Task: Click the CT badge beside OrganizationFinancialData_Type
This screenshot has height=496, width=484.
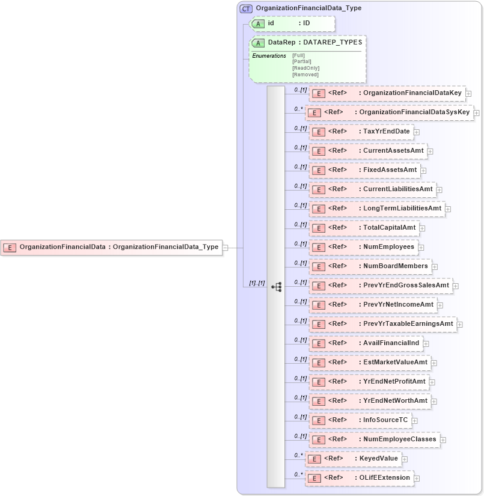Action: coord(245,8)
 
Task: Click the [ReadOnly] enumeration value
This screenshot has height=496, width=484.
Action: coord(305,68)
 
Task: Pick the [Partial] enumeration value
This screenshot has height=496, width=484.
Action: coord(302,61)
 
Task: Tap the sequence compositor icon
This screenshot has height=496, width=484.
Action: coord(276,287)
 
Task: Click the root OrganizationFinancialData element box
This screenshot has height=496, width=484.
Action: coord(111,247)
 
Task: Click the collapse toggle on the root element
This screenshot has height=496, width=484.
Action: coord(225,247)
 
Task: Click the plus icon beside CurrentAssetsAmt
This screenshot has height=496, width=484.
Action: coord(430,151)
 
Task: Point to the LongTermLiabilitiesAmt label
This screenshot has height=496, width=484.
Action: coord(402,209)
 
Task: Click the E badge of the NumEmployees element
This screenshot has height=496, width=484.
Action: coord(319,247)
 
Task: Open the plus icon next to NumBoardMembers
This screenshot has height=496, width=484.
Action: coord(435,266)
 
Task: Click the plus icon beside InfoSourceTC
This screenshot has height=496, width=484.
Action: coord(414,420)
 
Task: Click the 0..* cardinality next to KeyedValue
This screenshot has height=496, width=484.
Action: coord(298,455)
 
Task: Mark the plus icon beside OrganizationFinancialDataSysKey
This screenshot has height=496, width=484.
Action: coord(476,112)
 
